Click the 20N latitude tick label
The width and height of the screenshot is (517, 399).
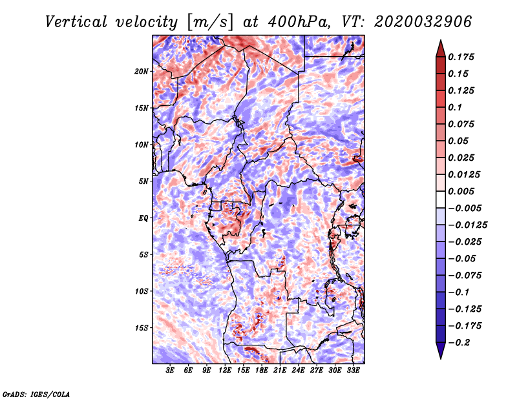[x=142, y=72]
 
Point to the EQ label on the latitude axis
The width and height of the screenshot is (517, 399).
[x=143, y=218]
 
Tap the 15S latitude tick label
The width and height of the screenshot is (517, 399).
[x=142, y=328]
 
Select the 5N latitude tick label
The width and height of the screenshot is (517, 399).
[x=143, y=181]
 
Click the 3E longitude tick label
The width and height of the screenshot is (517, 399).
[x=170, y=371]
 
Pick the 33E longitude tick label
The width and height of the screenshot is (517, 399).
[x=353, y=371]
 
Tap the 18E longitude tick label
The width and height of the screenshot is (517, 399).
[x=262, y=371]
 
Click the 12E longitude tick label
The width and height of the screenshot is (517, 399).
[x=225, y=371]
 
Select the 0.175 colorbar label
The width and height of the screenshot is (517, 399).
[x=461, y=57]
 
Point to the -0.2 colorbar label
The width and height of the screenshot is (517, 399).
[x=459, y=343]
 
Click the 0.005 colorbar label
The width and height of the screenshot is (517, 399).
[x=461, y=191]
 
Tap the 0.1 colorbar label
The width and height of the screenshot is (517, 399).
[x=455, y=107]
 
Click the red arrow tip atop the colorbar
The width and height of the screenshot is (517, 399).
[x=441, y=40]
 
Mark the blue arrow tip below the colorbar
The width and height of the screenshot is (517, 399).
[x=441, y=358]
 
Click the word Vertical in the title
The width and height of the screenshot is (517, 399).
[x=76, y=22]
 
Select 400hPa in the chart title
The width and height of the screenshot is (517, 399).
[x=299, y=22]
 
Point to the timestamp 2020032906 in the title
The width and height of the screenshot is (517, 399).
[x=423, y=22]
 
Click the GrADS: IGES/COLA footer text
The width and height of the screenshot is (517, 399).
[x=36, y=394]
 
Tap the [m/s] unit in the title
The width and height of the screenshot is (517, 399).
[x=211, y=23]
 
